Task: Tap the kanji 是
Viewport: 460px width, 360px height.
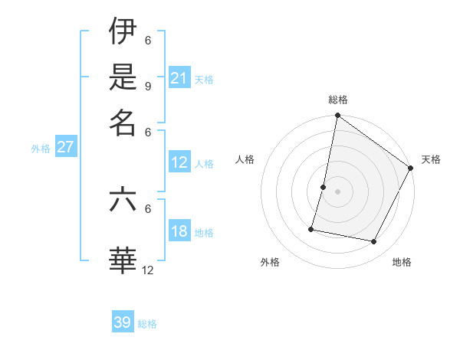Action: tap(123, 77)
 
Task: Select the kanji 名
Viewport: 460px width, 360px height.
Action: tap(123, 123)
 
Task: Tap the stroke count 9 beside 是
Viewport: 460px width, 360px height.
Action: tap(147, 86)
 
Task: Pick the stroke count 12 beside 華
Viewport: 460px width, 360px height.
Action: tap(147, 270)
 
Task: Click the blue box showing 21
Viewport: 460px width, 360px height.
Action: tap(179, 77)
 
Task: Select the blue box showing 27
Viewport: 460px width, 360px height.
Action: tap(65, 147)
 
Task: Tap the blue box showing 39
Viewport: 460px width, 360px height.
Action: tap(123, 322)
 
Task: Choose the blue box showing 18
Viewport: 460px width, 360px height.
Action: tap(179, 231)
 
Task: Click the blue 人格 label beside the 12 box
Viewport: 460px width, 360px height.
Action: tap(204, 163)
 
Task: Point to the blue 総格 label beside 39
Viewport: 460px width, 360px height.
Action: tap(147, 324)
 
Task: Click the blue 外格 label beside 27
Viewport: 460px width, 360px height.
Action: tap(41, 149)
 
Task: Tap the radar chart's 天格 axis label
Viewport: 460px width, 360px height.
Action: tap(431, 159)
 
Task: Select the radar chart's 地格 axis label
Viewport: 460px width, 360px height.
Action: tap(402, 262)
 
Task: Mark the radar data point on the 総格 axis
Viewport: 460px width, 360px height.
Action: tap(337, 116)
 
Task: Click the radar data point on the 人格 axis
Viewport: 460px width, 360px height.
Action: tap(324, 186)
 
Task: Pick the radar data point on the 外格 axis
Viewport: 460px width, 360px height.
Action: tap(311, 228)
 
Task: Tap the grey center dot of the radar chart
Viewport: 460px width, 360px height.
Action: tap(337, 191)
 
